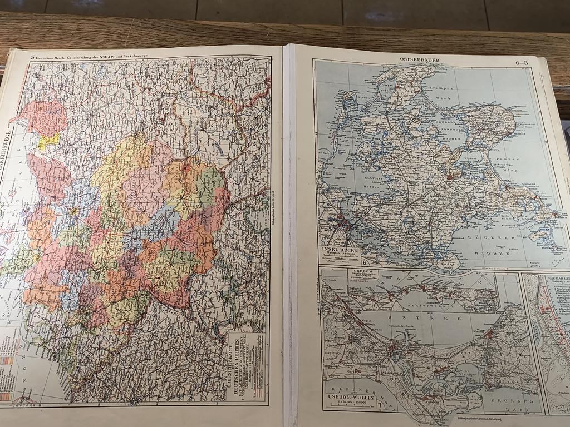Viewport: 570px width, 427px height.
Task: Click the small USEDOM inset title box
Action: pyautogui.click(x=362, y=274)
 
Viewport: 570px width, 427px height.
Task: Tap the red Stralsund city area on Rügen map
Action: pyautogui.click(x=343, y=225)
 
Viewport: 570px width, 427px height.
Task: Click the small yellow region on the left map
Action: pyautogui.click(x=48, y=141)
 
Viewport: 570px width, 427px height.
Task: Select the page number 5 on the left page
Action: pyautogui.click(x=33, y=56)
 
